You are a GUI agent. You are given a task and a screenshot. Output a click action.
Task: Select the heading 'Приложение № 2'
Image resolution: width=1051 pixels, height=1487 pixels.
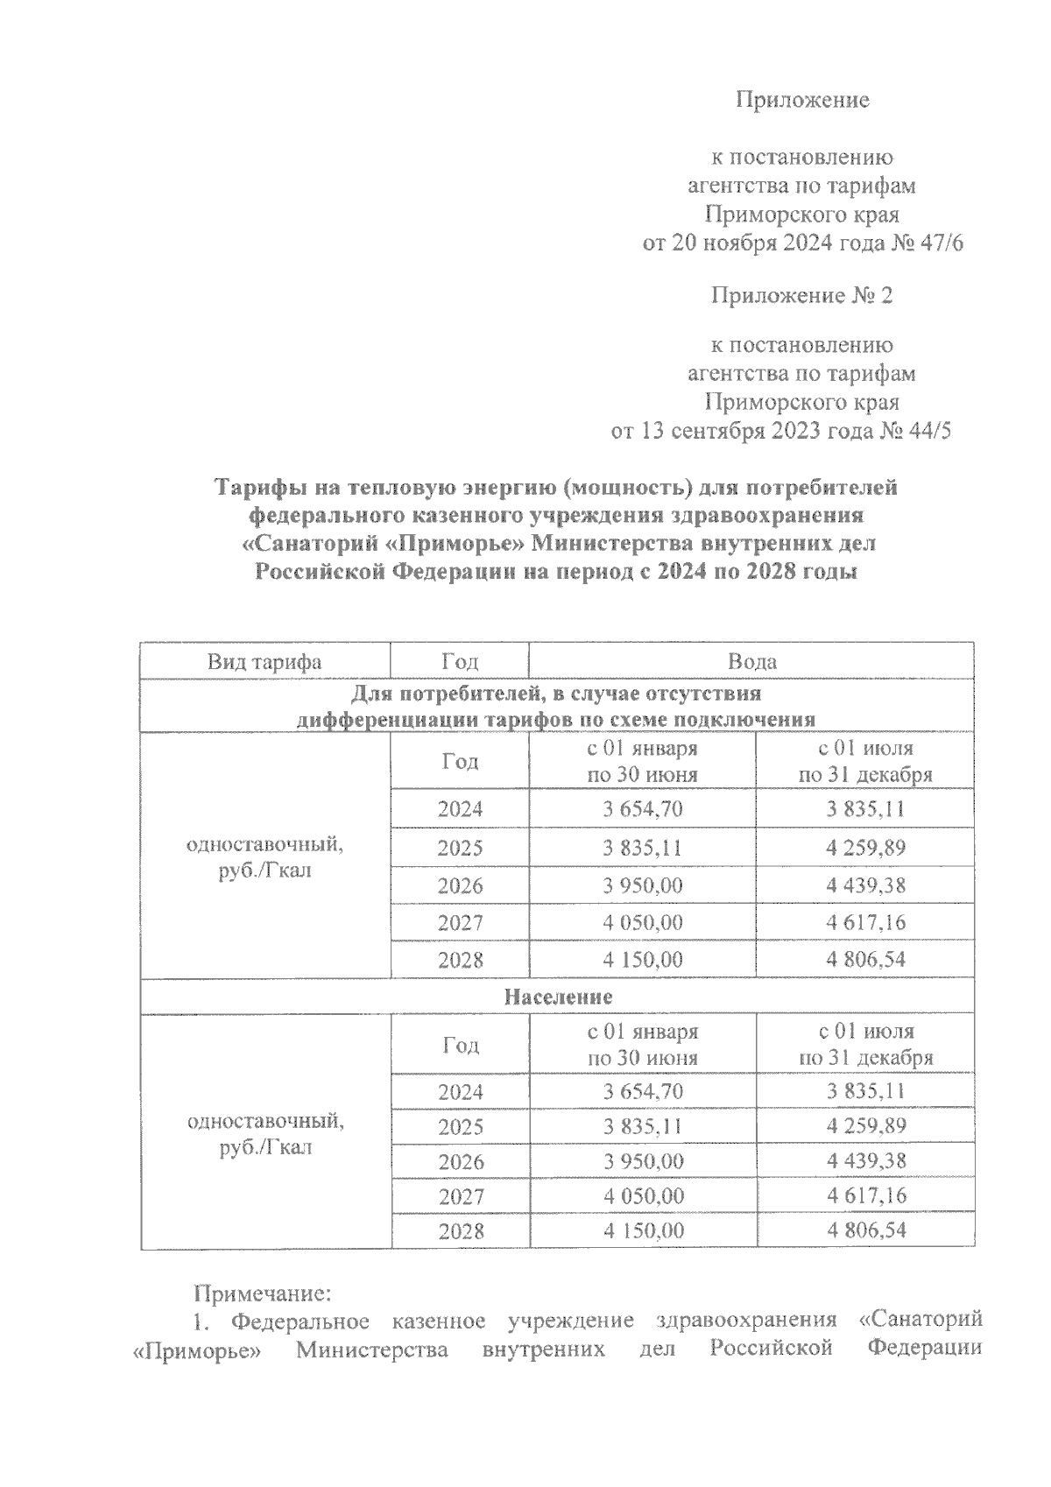click(801, 295)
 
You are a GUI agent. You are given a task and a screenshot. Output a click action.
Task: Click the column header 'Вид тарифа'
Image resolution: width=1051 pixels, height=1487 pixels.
click(265, 661)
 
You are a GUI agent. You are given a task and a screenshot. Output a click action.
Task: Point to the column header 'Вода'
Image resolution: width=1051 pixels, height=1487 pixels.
click(752, 661)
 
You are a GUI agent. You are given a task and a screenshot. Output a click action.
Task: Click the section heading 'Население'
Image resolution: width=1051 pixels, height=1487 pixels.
click(558, 997)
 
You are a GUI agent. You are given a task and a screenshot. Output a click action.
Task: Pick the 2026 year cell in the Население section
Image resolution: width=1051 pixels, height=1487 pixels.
click(461, 1162)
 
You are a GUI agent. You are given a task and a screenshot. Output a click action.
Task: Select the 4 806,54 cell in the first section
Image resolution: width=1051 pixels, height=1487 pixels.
click(865, 959)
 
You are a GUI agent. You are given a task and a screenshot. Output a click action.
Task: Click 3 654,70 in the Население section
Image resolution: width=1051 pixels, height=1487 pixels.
click(643, 1091)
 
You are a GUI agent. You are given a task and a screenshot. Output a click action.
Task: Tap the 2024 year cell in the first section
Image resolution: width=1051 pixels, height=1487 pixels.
click(461, 808)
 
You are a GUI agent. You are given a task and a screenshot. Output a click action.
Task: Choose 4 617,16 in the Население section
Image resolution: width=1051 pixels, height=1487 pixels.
click(865, 1195)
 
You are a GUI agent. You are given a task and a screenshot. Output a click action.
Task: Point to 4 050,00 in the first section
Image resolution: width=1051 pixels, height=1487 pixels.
click(643, 922)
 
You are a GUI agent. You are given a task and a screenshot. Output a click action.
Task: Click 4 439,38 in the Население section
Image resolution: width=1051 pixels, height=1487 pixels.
click(865, 1161)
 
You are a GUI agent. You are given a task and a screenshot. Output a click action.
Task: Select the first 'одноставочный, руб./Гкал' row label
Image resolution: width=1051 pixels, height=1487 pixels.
click(265, 858)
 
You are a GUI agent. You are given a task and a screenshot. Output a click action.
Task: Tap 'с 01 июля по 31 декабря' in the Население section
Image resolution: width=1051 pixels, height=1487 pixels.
click(865, 1044)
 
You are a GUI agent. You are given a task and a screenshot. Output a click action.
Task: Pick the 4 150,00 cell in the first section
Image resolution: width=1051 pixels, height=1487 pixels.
click(643, 959)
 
